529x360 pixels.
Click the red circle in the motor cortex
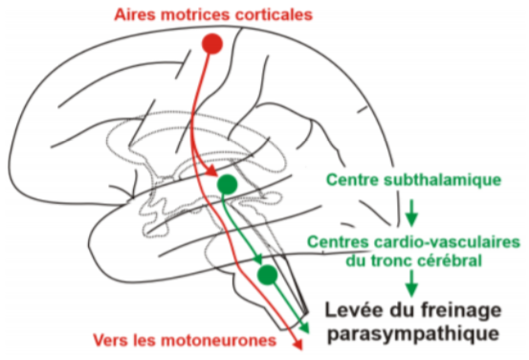pyautogui.click(x=212, y=44)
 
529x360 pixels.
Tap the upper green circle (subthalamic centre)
pyautogui.click(x=227, y=185)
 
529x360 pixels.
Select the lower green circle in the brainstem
pyautogui.click(x=268, y=275)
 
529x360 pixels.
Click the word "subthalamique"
pyautogui.click(x=443, y=180)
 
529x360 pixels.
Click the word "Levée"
pyautogui.click(x=355, y=310)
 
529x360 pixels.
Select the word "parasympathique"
pyautogui.click(x=413, y=334)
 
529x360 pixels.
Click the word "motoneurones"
pyautogui.click(x=219, y=341)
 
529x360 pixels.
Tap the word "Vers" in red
pyautogui.click(x=110, y=340)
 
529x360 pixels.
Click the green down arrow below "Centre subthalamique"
pyautogui.click(x=411, y=213)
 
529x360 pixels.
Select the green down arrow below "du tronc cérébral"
pyautogui.click(x=411, y=283)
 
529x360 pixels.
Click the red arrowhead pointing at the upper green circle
pyautogui.click(x=212, y=170)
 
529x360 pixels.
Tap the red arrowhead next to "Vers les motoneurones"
pyautogui.click(x=297, y=344)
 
